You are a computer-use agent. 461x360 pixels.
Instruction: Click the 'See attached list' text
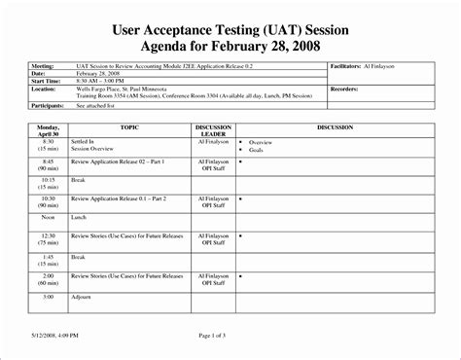click(x=97, y=109)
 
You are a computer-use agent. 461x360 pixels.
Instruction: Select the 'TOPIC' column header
click(x=129, y=127)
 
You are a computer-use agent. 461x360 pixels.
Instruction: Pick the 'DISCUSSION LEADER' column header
click(x=213, y=131)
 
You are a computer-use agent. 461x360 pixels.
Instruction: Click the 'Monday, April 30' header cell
click(x=49, y=131)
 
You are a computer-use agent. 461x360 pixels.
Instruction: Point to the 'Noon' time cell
click(x=48, y=218)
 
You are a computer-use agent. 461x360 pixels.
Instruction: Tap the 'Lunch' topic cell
click(x=79, y=218)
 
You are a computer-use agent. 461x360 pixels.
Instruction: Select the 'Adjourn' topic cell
click(x=82, y=297)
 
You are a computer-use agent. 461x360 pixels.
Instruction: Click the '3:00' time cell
click(x=48, y=297)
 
